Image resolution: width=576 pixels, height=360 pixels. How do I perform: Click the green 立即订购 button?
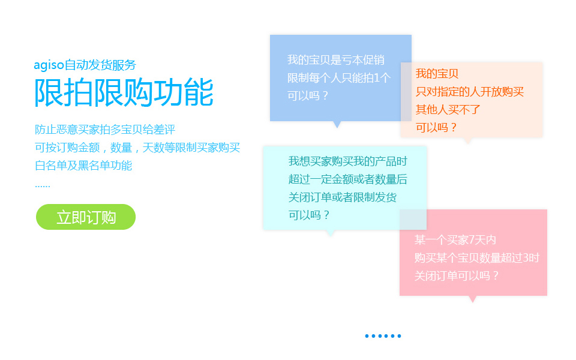(86, 217)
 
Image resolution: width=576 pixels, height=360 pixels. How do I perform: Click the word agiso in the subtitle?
(49, 65)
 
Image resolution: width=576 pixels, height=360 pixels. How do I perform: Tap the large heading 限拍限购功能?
(124, 93)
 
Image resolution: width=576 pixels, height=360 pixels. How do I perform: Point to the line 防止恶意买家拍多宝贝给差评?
(105, 129)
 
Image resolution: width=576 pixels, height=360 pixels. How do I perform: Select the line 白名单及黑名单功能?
(83, 165)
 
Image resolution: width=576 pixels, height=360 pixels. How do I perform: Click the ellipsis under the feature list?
(42, 185)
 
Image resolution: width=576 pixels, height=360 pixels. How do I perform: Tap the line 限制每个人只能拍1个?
(338, 77)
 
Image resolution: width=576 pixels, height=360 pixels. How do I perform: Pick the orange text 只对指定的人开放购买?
(470, 92)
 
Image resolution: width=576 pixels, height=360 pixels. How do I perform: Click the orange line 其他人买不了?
(448, 110)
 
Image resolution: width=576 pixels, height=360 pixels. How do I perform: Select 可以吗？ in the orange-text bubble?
(437, 127)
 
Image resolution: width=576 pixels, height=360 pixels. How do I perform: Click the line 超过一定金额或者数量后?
(348, 179)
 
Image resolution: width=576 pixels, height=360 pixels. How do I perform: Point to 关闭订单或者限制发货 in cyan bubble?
(342, 197)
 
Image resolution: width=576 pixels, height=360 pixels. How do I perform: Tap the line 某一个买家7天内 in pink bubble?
(455, 240)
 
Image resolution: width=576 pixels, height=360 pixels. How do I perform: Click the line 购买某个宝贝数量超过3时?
(476, 258)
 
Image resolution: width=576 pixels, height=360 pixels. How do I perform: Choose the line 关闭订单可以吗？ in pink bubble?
(457, 275)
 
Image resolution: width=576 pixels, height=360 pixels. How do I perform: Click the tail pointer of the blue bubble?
(337, 124)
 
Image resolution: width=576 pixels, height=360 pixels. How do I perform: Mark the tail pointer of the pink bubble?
(472, 298)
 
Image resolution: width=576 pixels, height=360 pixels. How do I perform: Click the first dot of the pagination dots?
(367, 336)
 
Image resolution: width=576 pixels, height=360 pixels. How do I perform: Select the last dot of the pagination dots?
(399, 336)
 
